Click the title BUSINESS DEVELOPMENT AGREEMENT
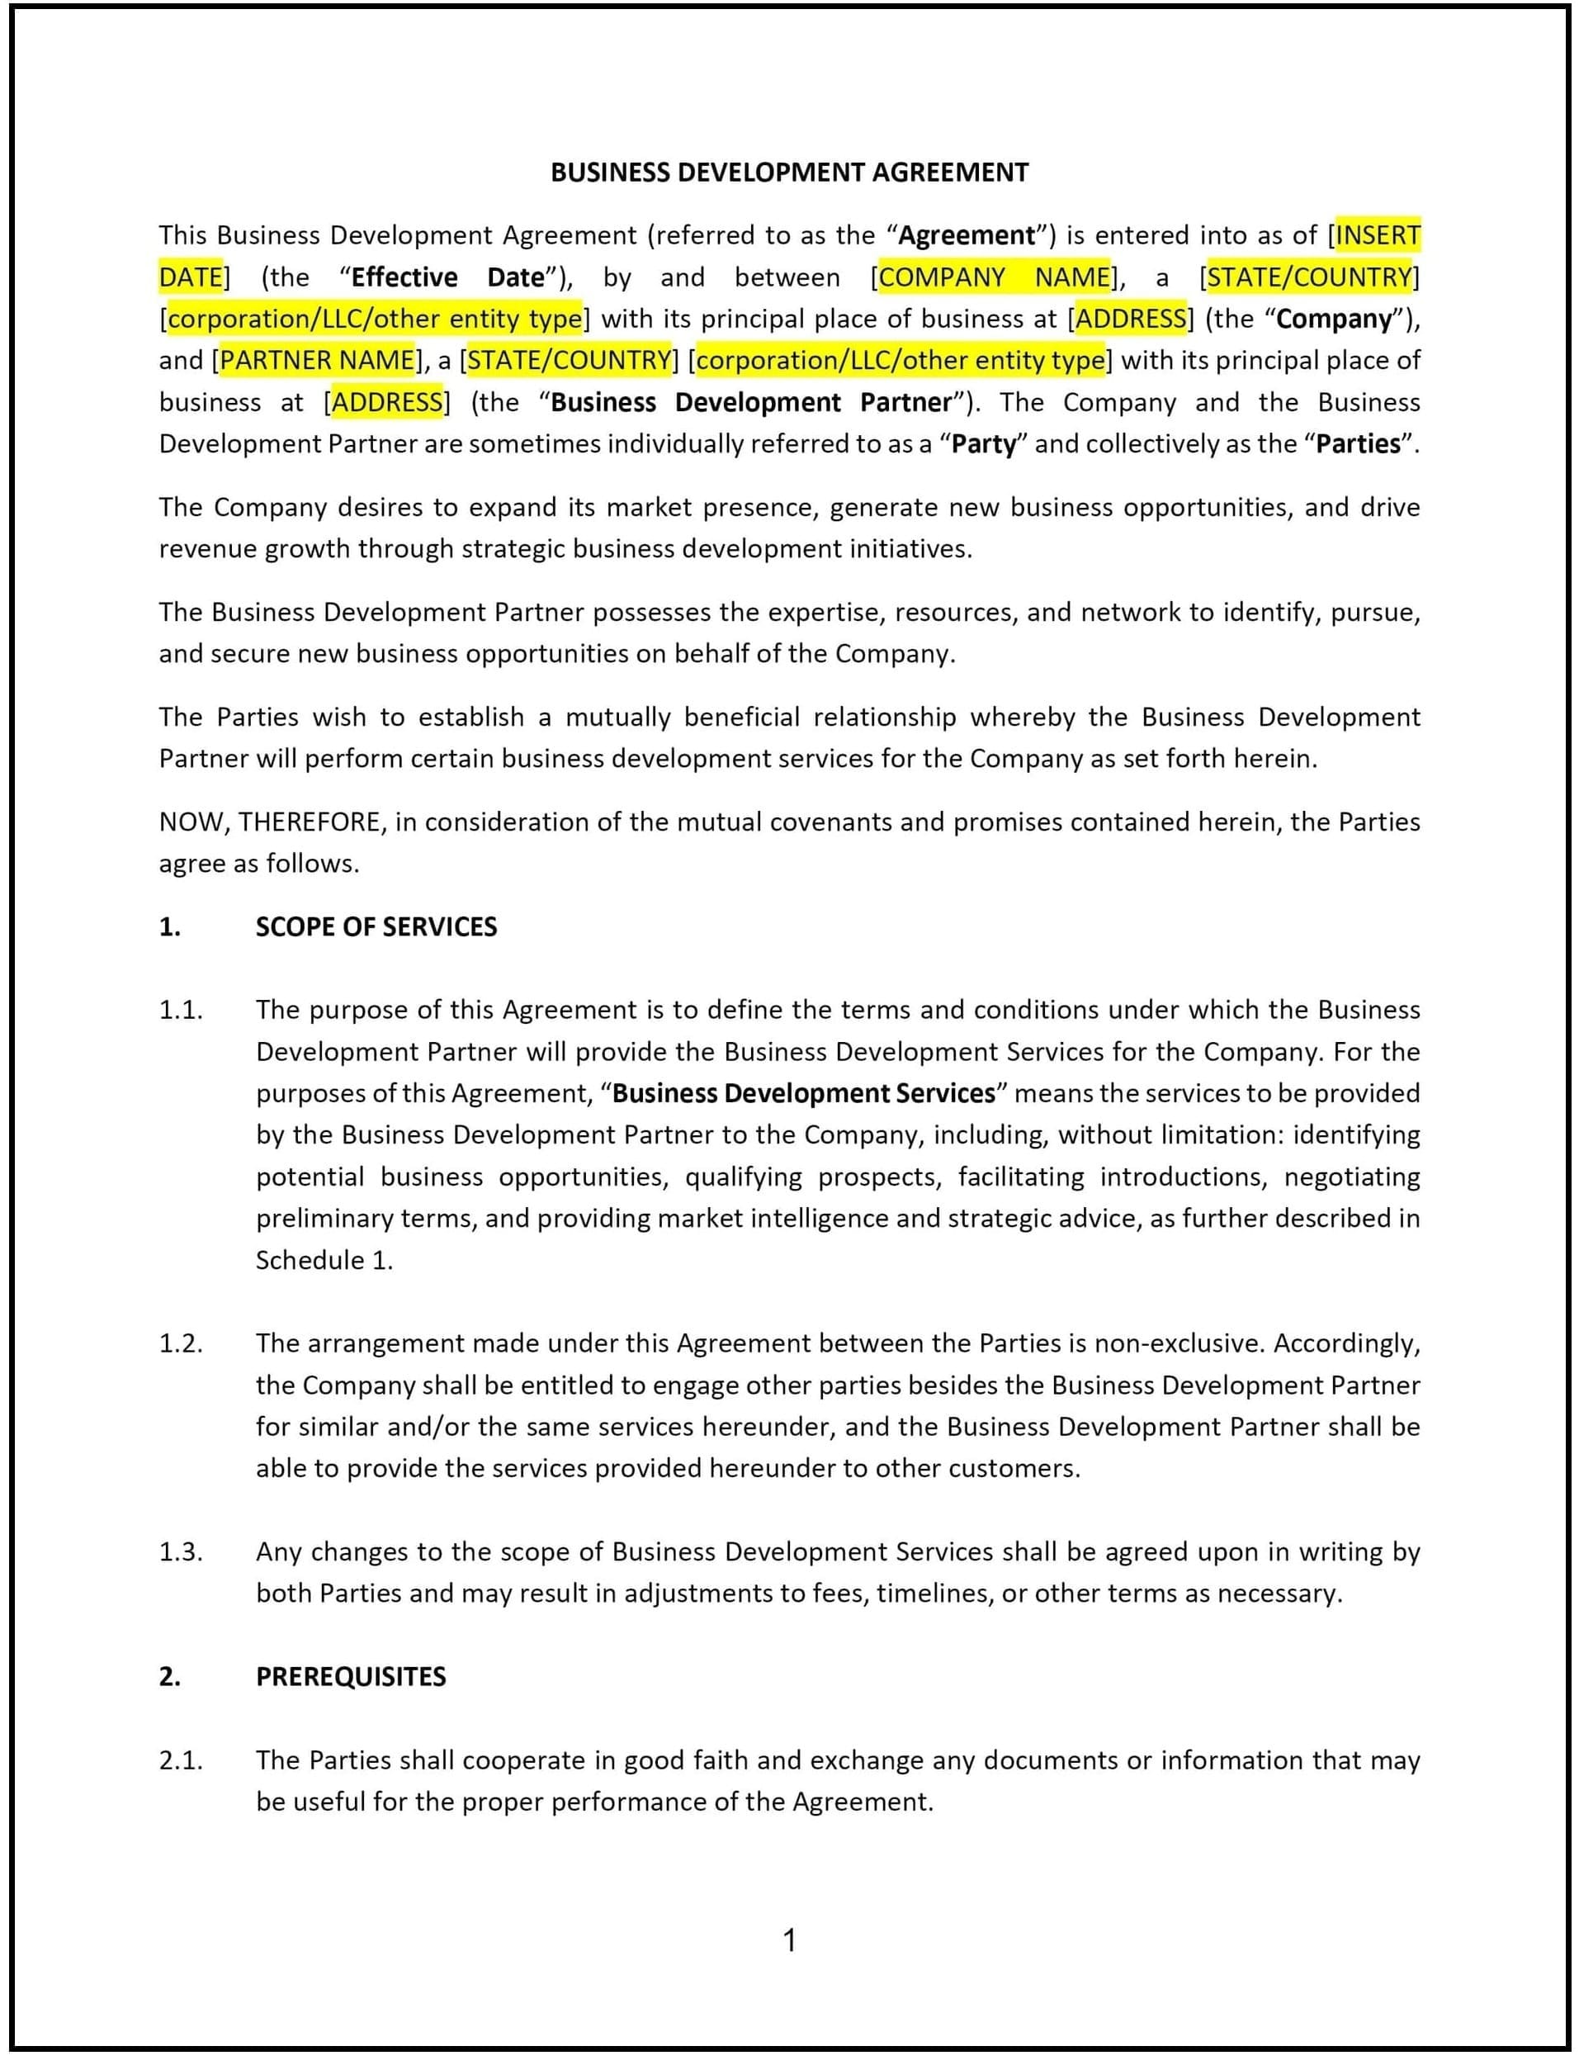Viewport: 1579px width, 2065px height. [788, 172]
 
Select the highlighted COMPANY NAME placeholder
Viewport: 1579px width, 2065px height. [994, 277]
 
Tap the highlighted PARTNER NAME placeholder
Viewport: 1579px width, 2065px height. [317, 361]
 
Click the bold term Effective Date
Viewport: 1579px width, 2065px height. [447, 277]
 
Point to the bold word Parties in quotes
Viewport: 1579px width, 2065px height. [1358, 443]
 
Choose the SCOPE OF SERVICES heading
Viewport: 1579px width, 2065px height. [376, 926]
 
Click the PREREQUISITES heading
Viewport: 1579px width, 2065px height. [351, 1677]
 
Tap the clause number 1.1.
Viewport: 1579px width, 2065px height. [181, 1011]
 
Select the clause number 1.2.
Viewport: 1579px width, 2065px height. [181, 1344]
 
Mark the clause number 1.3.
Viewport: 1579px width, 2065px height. [181, 1551]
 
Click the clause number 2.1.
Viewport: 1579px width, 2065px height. [181, 1760]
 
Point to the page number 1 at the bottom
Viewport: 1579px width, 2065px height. [789, 1941]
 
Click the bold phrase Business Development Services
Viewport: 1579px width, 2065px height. [804, 1094]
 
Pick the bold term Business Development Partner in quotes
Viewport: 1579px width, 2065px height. [751, 402]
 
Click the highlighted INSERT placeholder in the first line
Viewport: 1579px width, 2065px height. [1377, 235]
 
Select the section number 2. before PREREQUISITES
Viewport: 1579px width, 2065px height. [169, 1677]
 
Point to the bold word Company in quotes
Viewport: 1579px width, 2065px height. [1333, 319]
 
